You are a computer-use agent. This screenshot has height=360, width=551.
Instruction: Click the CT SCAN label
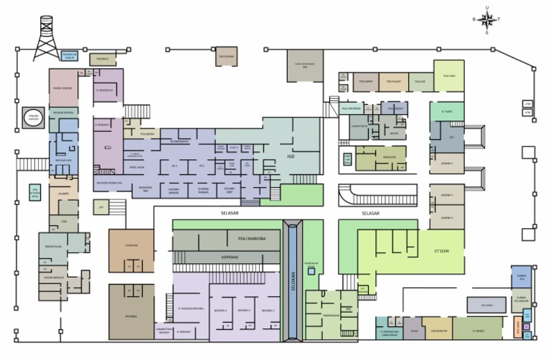[x=443, y=251]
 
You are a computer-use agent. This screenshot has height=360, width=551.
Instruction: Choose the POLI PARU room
[x=449, y=76]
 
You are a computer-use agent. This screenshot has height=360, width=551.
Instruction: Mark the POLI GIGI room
[x=420, y=82]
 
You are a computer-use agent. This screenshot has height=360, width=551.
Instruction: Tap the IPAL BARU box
[x=482, y=305]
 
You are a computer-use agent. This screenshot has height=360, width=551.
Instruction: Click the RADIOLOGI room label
[x=370, y=158]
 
